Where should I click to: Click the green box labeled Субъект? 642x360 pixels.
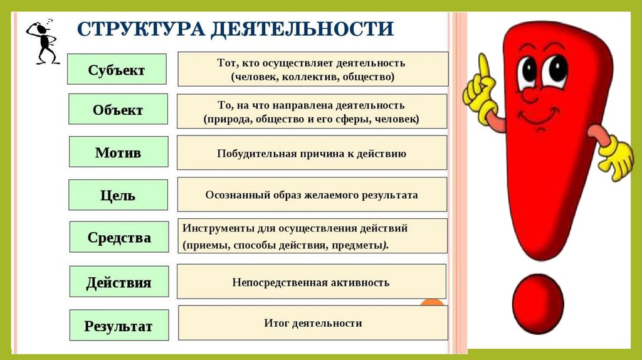coord(117,70)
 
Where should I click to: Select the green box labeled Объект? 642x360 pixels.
coord(117,110)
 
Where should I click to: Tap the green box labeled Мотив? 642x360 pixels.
coord(118,152)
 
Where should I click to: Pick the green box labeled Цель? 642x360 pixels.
coord(118,195)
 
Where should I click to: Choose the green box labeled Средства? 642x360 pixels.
coord(119,237)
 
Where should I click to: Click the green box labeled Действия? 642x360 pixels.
coord(118,282)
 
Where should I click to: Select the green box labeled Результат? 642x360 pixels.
coord(118,326)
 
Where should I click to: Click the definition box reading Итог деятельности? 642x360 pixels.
coord(313,323)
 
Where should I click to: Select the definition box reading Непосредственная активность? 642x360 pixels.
coord(311,282)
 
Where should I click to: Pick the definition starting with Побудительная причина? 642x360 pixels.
coord(312,152)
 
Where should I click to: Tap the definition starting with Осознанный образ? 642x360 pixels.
coord(312,194)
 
